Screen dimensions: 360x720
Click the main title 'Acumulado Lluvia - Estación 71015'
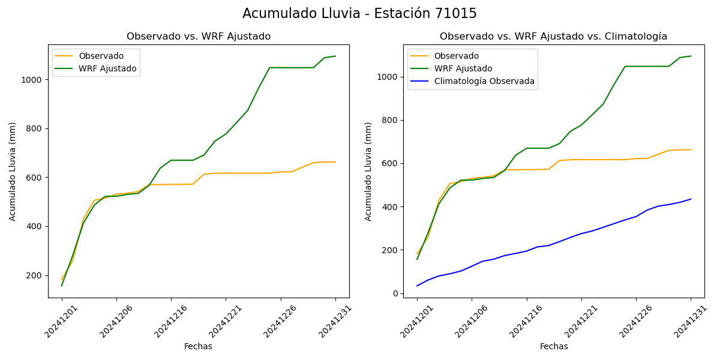coord(359,14)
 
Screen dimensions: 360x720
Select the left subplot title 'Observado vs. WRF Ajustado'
coord(199,37)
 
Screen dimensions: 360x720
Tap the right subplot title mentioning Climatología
coord(553,37)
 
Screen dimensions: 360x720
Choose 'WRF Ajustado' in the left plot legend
coord(107,68)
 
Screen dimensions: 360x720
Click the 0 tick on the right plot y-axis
coord(395,293)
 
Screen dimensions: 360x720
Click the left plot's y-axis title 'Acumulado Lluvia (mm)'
coord(13,171)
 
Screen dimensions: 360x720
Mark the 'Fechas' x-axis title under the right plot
coord(554,346)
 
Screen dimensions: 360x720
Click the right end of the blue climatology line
coord(691,199)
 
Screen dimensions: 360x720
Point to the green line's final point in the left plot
coord(335,56)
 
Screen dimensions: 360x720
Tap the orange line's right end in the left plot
coord(335,162)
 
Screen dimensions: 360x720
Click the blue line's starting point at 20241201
coord(417,286)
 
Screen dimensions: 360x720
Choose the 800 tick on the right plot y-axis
coord(390,120)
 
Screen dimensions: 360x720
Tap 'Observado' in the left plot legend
coord(101,56)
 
